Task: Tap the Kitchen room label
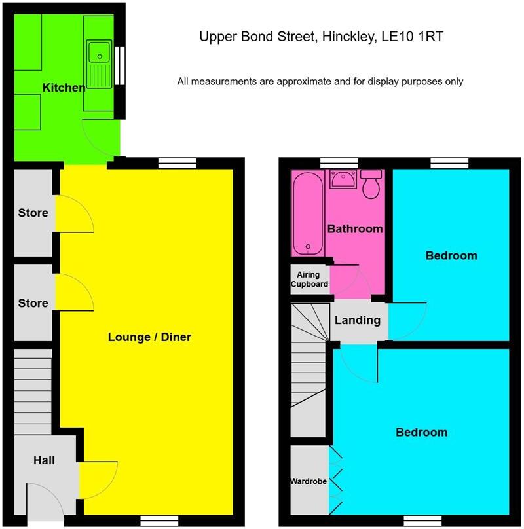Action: coord(64,88)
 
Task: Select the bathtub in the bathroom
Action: coord(307,214)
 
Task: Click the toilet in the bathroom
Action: coord(371,184)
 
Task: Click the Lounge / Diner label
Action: coord(149,337)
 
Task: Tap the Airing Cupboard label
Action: coord(310,280)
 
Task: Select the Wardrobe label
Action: coord(309,481)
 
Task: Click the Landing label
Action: coord(358,320)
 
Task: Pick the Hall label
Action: coord(44,460)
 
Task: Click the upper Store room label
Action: coord(33,213)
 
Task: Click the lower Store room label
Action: coord(33,303)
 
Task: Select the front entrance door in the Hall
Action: coord(45,504)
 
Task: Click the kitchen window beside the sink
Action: coord(120,65)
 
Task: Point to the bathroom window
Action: coord(339,163)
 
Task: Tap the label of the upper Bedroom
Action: coord(451,255)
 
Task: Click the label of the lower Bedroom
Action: coord(421,432)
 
